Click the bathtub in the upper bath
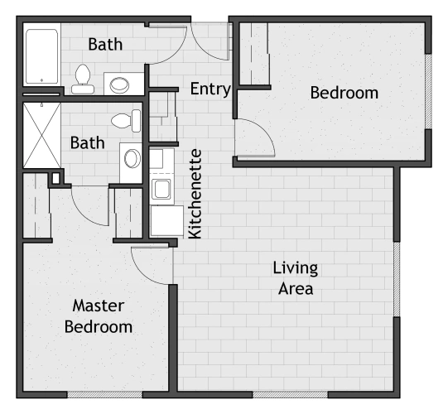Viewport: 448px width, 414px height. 42,56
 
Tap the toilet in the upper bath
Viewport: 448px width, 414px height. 83,79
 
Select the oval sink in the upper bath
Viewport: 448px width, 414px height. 120,84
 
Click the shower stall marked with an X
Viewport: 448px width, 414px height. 41,136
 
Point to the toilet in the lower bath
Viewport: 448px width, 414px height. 126,121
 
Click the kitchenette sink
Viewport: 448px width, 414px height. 161,189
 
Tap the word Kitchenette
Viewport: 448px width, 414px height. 195,194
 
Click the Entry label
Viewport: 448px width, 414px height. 210,89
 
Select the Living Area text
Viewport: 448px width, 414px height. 296,278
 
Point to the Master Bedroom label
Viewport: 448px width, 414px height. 99,316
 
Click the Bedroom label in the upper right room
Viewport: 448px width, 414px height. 344,93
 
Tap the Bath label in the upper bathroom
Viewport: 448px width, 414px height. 105,44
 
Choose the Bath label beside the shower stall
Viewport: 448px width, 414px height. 88,142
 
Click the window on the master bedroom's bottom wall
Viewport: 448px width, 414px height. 104,395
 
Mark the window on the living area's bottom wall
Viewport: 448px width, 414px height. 291,395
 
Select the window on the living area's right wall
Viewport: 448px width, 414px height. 397,279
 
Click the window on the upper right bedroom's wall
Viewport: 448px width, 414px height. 428,91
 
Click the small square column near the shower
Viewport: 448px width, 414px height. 55,179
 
